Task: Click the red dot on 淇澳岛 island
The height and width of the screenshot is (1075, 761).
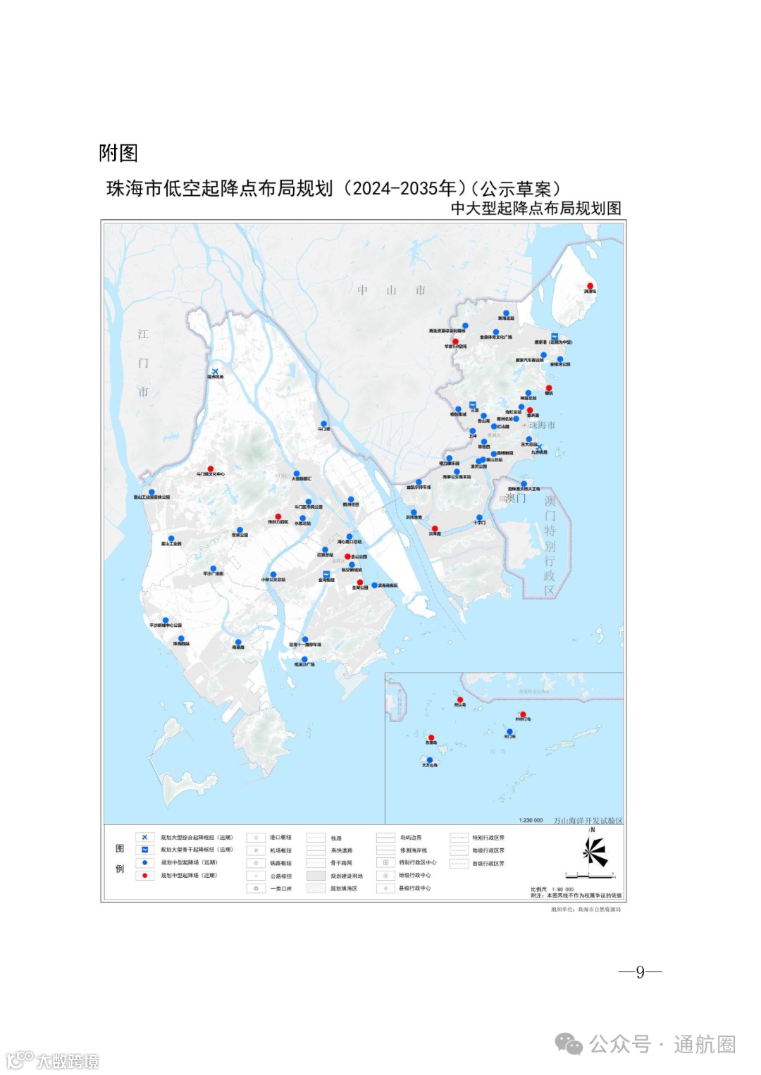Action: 590,286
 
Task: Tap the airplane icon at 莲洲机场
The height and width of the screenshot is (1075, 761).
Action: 215,371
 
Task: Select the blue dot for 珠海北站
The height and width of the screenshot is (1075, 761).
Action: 506,313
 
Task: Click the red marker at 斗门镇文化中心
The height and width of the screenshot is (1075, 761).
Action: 210,468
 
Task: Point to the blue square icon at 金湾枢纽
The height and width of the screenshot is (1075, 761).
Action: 326,574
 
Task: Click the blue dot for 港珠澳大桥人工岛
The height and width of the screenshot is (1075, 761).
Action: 524,484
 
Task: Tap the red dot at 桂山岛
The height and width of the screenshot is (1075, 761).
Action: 460,700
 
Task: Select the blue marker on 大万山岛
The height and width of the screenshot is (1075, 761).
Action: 430,760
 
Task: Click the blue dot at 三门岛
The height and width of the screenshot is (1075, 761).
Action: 509,732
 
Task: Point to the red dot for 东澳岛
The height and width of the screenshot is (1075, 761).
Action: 431,738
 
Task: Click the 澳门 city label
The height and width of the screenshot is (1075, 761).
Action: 515,498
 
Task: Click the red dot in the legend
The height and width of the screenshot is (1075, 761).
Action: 144,876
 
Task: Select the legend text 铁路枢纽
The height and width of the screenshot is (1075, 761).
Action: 280,863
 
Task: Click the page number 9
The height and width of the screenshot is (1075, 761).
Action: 640,972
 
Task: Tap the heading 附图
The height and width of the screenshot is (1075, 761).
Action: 118,153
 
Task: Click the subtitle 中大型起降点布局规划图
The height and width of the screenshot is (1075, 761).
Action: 536,209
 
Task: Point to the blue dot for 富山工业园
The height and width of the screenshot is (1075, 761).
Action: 171,539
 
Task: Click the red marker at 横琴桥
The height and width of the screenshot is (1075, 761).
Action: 435,529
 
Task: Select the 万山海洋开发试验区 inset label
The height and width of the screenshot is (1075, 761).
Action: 588,821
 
